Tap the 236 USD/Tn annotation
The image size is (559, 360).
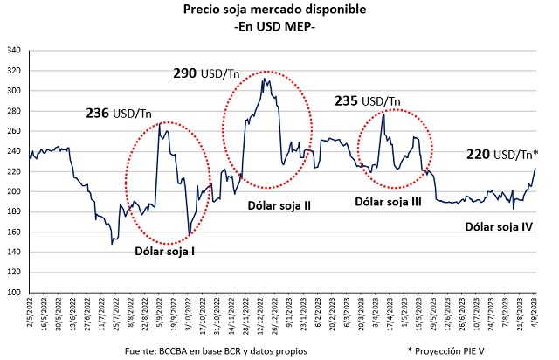118,113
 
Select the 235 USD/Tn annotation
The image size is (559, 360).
367,101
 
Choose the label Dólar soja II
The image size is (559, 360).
280,206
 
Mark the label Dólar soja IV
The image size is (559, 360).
499,226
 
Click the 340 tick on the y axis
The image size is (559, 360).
15,50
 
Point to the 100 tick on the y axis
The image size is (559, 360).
15,293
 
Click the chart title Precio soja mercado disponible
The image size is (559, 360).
275,10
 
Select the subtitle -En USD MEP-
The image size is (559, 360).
275,27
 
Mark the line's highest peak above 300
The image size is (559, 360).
263,79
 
